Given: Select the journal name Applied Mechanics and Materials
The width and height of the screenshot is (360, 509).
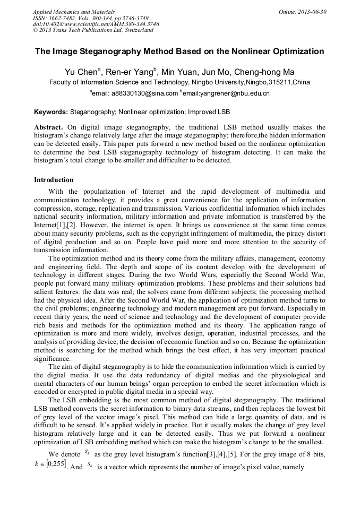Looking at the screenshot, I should [x=74, y=11].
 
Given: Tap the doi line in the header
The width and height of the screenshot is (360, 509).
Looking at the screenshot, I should [x=96, y=24].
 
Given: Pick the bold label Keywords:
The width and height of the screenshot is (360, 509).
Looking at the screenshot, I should [x=51, y=113].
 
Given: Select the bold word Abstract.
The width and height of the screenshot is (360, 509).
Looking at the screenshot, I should [x=49, y=127].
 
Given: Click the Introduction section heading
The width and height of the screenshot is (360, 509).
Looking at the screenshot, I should [x=54, y=180].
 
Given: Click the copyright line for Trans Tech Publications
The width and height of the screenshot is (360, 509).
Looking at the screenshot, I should [x=93, y=30].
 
